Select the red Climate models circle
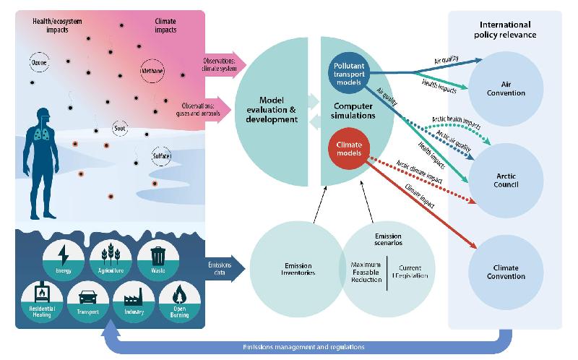pos(350,150)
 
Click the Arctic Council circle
pos(506,179)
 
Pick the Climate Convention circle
pos(506,272)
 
